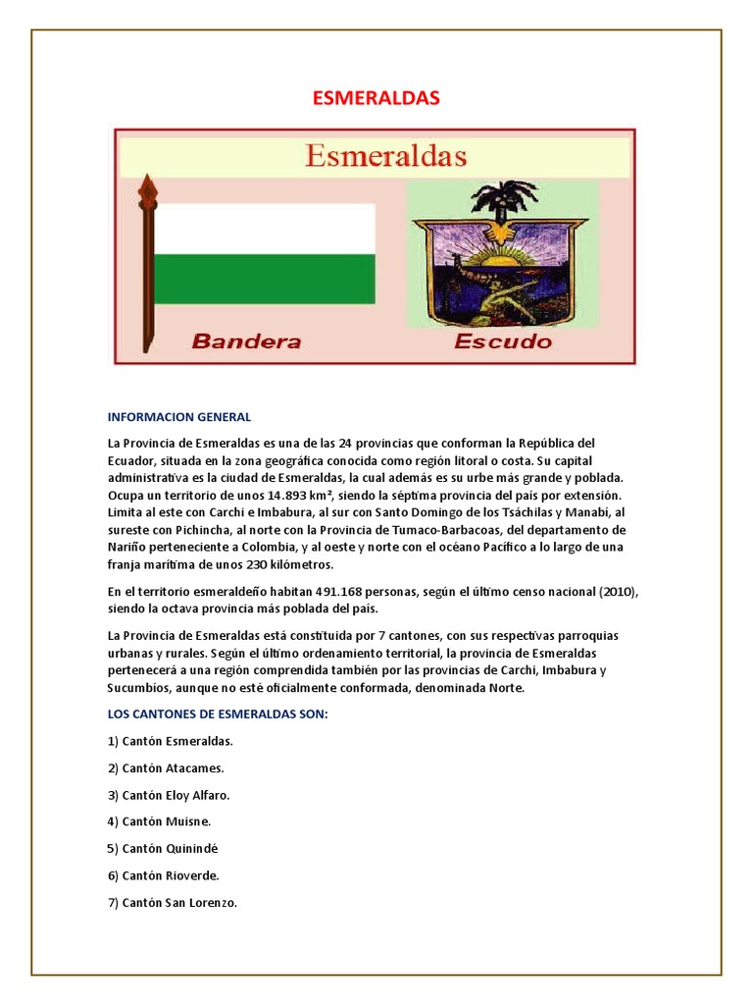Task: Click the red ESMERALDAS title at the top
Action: click(376, 98)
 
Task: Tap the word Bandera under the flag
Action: click(246, 342)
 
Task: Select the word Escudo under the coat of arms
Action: click(503, 342)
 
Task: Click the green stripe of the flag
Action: click(265, 279)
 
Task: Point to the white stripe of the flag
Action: click(265, 229)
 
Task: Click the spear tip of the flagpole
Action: click(148, 186)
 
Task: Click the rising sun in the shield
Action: click(506, 261)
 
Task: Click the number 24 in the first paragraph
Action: click(344, 443)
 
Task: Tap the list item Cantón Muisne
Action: click(160, 821)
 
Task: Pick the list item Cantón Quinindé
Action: click(163, 848)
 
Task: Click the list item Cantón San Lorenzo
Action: click(173, 902)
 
